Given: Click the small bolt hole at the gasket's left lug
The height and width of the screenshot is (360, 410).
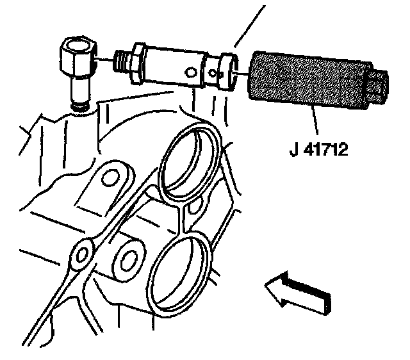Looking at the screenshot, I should click(x=81, y=256).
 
